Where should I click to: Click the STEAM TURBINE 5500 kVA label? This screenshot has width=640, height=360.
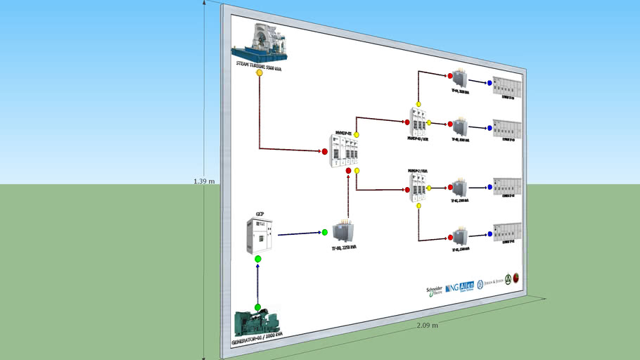(259, 65)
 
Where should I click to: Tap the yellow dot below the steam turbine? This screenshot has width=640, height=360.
(260, 72)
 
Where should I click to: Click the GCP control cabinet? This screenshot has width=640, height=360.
(258, 236)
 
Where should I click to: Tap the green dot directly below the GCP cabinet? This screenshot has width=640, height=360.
(258, 259)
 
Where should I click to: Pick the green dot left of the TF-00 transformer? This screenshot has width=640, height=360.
(325, 232)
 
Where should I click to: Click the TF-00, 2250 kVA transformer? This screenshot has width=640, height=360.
(344, 232)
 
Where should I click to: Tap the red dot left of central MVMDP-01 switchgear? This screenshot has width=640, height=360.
(325, 151)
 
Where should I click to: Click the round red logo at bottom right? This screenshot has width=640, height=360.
(516, 278)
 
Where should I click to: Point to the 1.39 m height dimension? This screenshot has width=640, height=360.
(204, 181)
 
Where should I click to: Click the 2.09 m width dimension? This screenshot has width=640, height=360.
(427, 326)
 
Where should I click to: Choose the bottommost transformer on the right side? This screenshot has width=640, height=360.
(461, 236)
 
